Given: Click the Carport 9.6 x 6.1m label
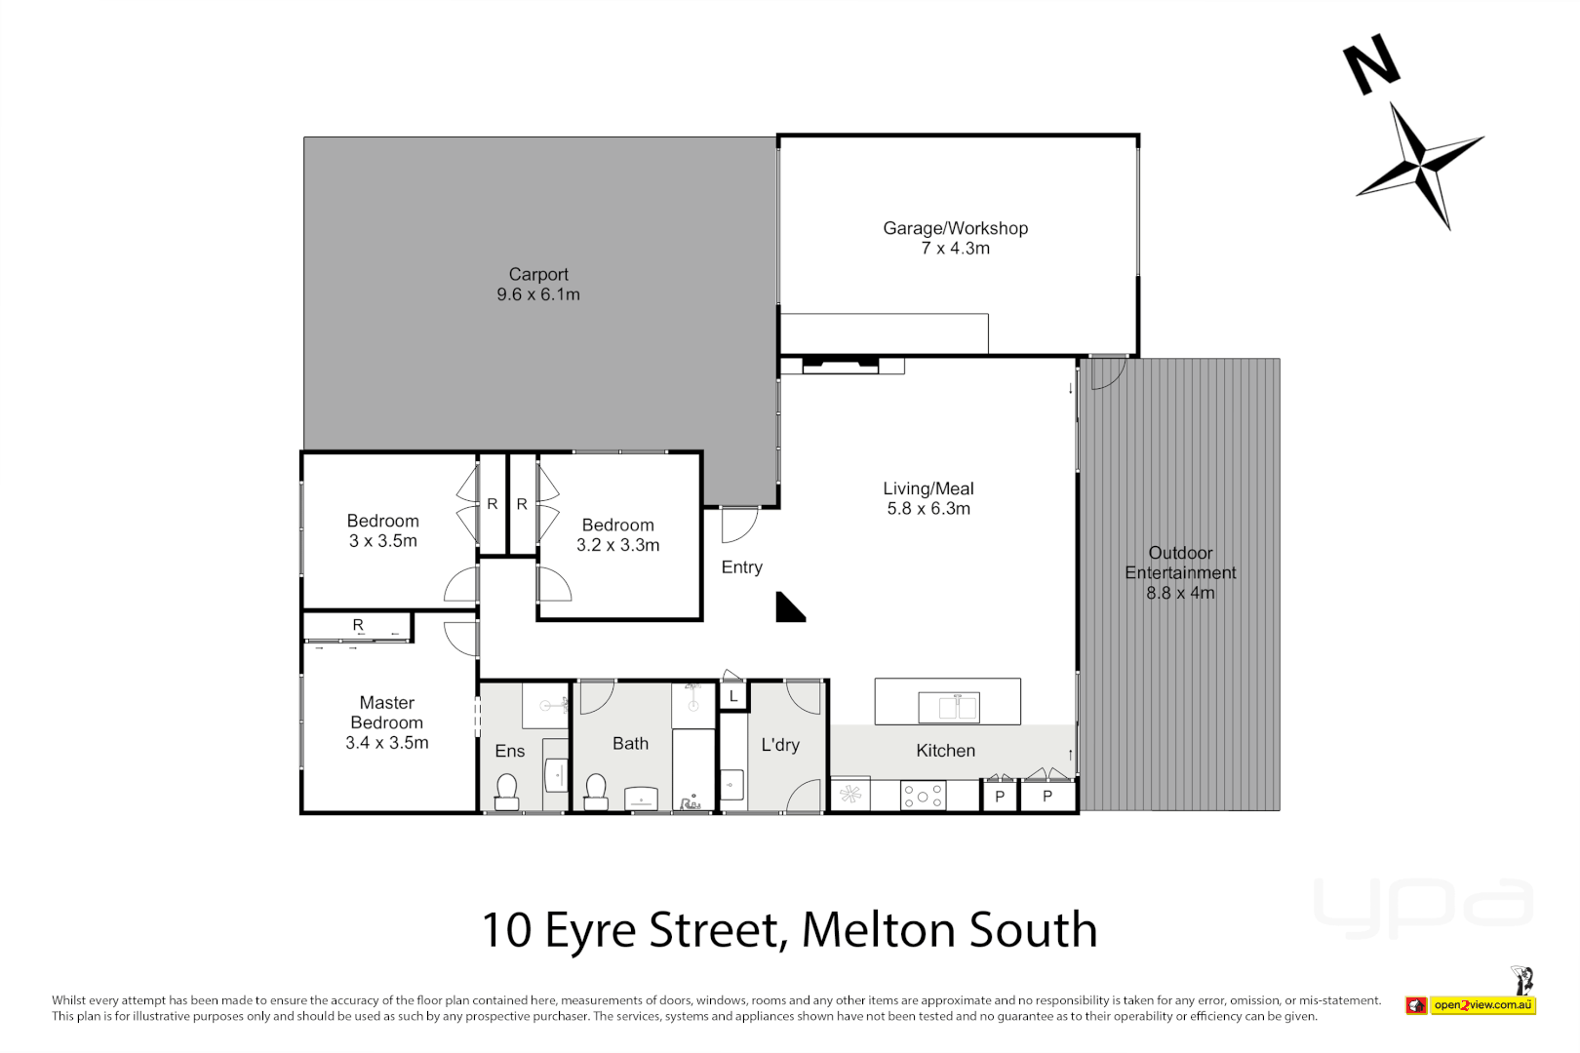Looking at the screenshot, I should point(538,285).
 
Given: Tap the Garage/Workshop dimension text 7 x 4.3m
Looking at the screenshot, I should point(955,249).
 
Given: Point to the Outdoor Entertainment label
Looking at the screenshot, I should point(1180,572).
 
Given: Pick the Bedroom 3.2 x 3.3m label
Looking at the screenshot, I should point(618,535).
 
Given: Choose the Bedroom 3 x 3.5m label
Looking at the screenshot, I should point(383,530).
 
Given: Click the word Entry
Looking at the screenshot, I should point(741,567).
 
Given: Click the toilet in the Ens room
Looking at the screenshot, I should point(507,791).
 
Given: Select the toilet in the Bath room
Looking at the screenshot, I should point(596,791).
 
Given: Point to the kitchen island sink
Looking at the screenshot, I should point(948,706).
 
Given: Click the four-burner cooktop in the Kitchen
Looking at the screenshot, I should point(923,796).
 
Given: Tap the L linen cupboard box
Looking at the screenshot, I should point(733,696).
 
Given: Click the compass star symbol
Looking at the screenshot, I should point(1419,163).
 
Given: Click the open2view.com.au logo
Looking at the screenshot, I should point(1482,1004).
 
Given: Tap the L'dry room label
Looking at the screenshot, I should point(780,745).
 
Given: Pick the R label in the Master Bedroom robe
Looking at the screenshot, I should point(358,625).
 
